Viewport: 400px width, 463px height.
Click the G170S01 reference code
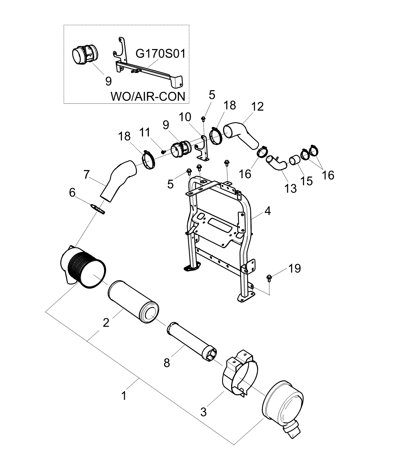(160, 54)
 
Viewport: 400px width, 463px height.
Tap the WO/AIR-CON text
(148, 96)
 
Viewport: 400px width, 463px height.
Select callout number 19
(294, 268)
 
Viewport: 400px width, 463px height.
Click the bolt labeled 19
(269, 278)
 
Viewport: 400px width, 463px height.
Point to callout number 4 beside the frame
(267, 211)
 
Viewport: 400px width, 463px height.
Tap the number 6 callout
(72, 193)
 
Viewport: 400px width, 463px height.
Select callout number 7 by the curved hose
(87, 175)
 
